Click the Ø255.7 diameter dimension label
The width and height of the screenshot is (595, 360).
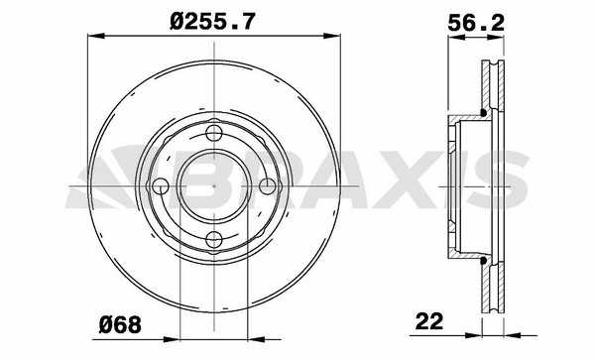point(212,21)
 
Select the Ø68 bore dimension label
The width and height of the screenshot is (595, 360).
point(120,324)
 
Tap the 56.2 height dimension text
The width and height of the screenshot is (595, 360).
point(476,24)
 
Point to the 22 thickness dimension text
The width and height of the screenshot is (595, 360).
point(429,321)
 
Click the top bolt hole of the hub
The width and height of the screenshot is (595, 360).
point(214,133)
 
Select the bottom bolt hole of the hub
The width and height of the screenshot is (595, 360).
point(214,239)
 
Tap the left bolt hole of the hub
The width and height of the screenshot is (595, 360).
point(161,185)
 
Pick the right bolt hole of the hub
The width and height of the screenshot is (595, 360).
point(268,185)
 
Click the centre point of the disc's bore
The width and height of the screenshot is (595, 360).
point(214,185)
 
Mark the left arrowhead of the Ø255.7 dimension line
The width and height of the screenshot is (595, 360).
point(95,36)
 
